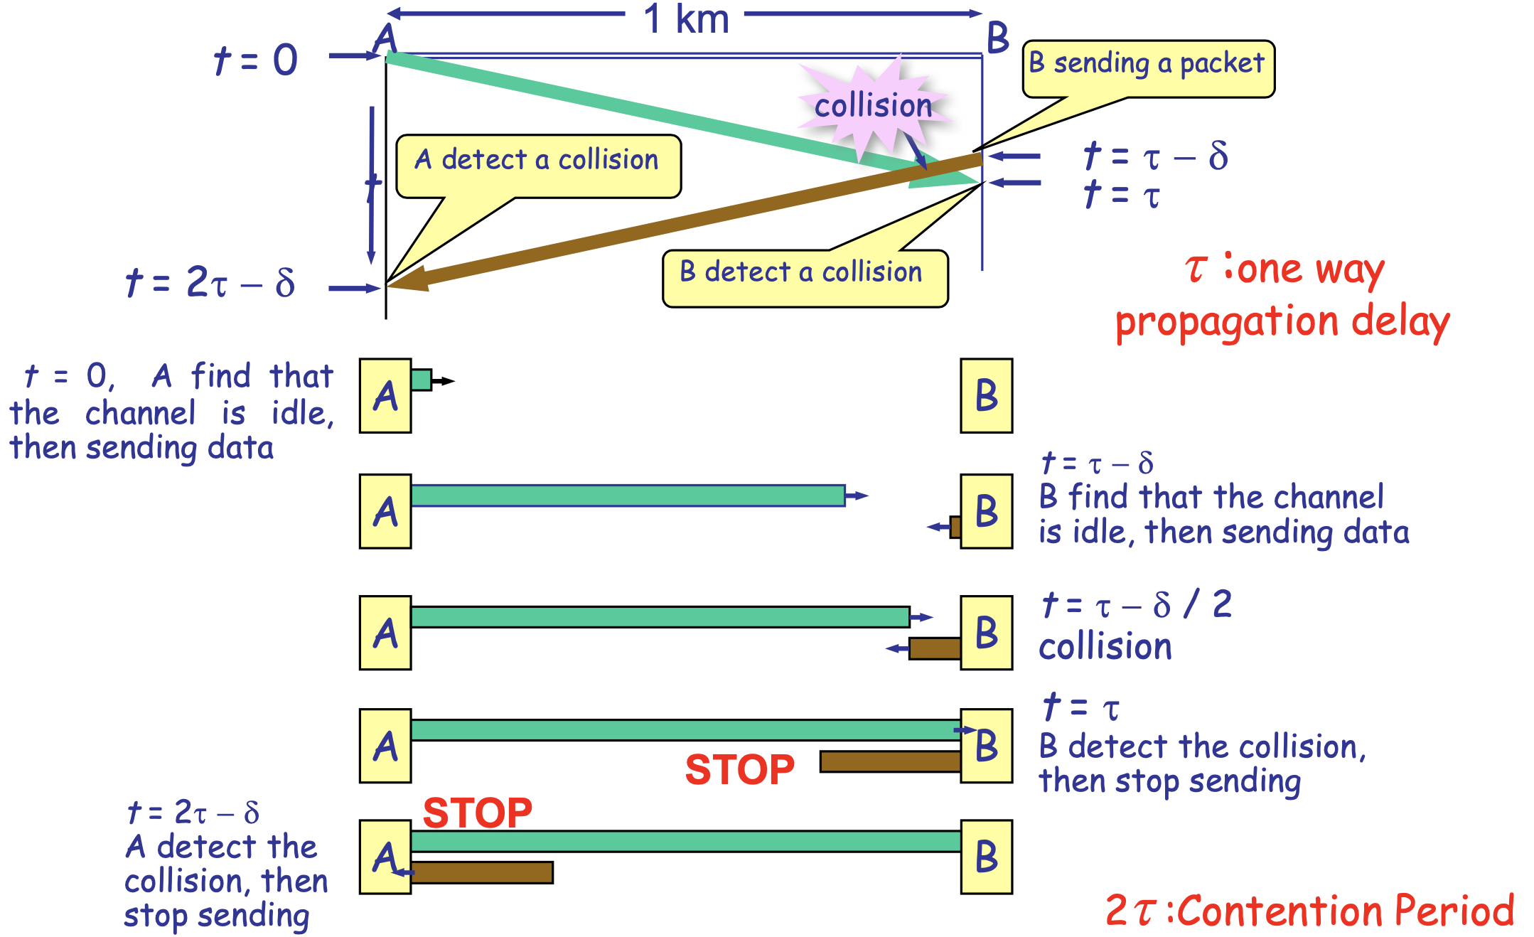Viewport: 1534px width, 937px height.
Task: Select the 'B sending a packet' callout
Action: pos(1147,65)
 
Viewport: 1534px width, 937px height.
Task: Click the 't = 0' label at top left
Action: pos(256,60)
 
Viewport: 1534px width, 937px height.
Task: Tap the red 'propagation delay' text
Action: pos(1282,322)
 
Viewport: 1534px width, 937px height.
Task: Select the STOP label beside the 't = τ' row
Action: pos(739,769)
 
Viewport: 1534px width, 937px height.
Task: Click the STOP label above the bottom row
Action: pos(477,813)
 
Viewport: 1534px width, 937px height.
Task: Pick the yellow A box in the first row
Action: pos(385,396)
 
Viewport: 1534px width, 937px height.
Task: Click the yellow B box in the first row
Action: pos(986,396)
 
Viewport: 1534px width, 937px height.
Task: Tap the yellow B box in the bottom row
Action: pos(986,857)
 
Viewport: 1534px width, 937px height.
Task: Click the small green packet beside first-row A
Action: pos(421,380)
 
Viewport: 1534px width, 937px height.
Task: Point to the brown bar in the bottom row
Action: pos(482,872)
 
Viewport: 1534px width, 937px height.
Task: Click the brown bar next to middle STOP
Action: pos(890,761)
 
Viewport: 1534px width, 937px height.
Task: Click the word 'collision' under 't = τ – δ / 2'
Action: pos(1105,648)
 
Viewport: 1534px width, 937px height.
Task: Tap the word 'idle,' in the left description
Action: pos(302,414)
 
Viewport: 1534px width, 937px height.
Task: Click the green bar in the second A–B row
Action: pos(628,496)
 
